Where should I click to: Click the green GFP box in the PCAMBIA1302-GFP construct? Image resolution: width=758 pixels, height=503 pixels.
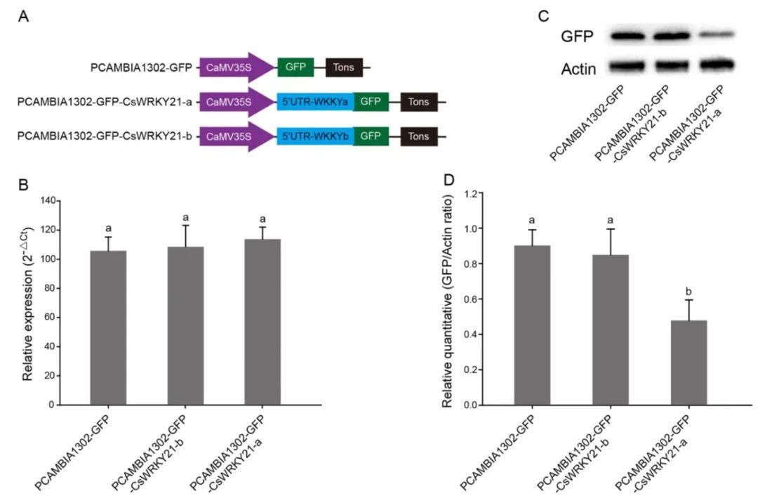click(x=295, y=68)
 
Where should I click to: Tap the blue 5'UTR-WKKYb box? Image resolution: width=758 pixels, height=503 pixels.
click(x=315, y=136)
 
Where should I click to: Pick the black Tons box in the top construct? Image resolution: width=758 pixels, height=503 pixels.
click(x=344, y=68)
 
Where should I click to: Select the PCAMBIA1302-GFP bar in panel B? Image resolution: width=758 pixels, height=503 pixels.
click(x=108, y=327)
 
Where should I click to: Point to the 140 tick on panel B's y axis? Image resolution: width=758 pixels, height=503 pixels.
click(x=47, y=201)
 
